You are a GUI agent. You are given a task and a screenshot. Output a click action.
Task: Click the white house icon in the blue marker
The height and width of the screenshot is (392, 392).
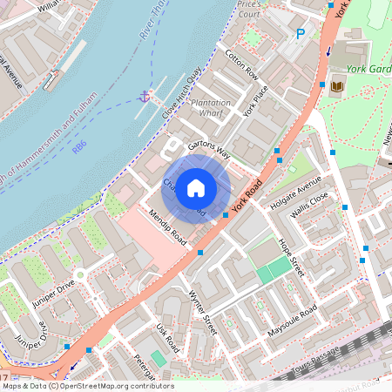point(197,187)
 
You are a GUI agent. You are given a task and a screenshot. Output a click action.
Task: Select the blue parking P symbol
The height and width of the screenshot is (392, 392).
point(301,34)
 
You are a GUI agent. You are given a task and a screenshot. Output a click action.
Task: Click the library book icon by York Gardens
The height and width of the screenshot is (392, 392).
point(337,84)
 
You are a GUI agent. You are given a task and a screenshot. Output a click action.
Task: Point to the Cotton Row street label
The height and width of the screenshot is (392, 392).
point(241,64)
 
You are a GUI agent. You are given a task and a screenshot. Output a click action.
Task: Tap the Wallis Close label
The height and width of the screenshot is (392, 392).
point(309,211)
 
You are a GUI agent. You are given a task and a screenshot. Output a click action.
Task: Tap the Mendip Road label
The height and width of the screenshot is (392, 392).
point(167,226)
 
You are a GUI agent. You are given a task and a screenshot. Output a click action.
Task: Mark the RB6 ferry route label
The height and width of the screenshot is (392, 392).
point(80,149)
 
